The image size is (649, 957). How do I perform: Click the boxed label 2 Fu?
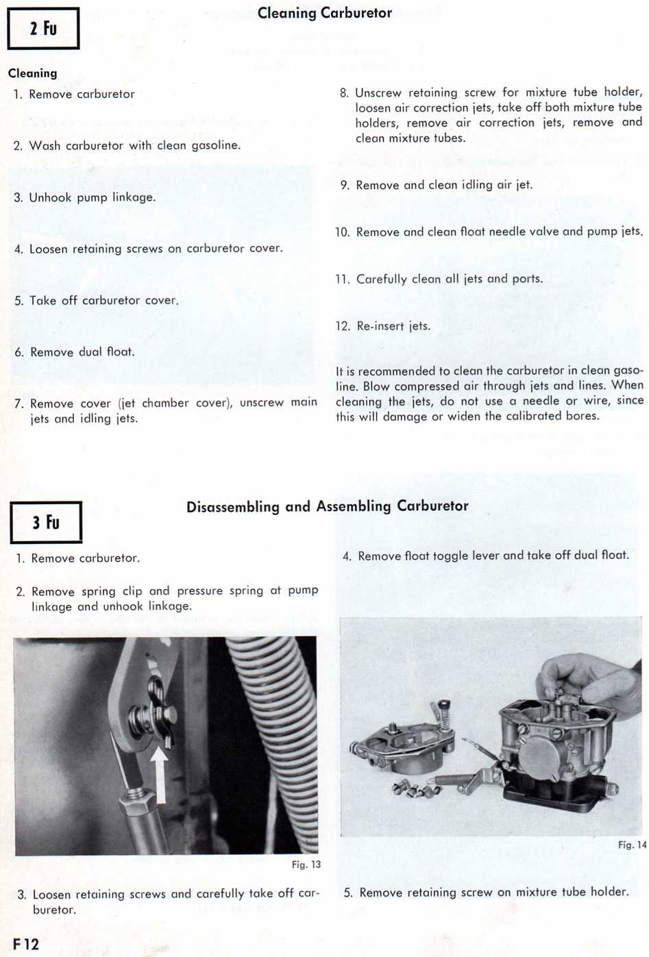(x=43, y=29)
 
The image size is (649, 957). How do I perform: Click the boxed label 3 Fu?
(x=46, y=523)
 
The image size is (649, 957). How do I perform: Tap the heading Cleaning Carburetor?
(x=325, y=13)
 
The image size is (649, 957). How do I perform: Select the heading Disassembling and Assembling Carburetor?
(x=327, y=506)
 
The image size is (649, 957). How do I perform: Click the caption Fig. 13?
(x=306, y=865)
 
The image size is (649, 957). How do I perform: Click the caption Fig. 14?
(x=632, y=845)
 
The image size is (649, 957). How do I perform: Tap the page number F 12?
(x=26, y=943)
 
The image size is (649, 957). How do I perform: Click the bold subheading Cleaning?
(x=33, y=73)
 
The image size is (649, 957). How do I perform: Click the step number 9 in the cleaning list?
(x=345, y=185)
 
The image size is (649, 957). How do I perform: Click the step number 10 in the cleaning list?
(x=343, y=232)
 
